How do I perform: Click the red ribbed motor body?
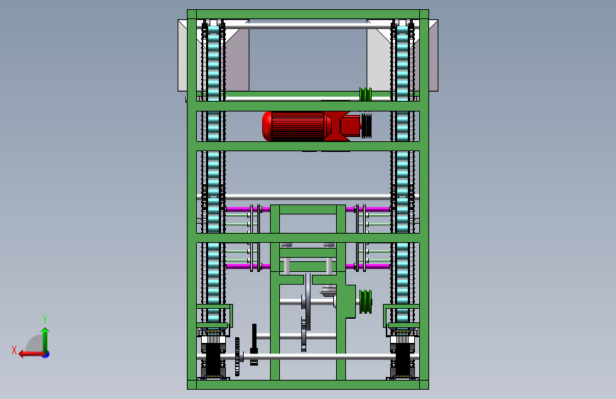(x=298, y=126)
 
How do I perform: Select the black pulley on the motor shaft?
(x=366, y=126)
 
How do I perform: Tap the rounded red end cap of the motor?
(x=267, y=126)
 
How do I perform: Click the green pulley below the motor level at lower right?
(x=365, y=302)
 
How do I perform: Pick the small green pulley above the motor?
(x=365, y=94)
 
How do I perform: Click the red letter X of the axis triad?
(x=14, y=350)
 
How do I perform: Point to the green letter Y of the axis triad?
(x=45, y=319)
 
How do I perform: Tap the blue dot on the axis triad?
(x=46, y=354)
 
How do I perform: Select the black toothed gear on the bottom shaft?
(x=237, y=356)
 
